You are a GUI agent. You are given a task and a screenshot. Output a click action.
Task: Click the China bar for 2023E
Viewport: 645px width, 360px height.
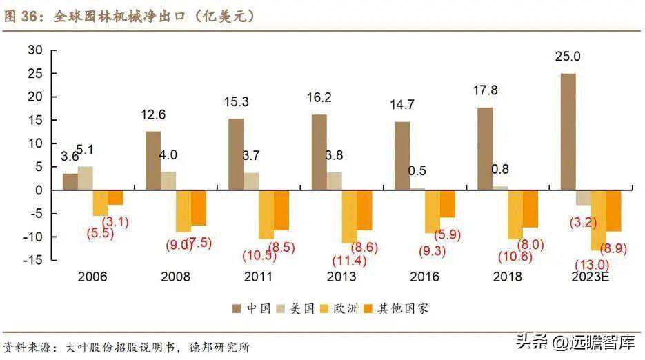(x=568, y=132)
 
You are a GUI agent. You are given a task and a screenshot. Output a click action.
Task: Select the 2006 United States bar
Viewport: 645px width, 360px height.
(x=85, y=178)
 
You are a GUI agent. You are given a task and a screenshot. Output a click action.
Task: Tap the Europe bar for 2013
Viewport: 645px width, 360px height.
(x=350, y=216)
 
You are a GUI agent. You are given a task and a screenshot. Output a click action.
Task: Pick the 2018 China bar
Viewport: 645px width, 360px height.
(x=485, y=148)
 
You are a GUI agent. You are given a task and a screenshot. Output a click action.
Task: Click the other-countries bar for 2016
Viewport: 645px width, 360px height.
(x=448, y=203)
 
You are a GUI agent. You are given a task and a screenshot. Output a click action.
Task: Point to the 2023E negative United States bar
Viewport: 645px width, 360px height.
(x=583, y=197)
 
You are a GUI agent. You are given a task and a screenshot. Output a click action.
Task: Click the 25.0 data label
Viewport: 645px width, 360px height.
(x=567, y=57)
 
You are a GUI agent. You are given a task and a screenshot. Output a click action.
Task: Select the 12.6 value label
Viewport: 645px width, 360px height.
(x=153, y=114)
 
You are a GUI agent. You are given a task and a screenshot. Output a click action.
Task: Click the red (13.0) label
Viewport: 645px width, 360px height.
(x=591, y=264)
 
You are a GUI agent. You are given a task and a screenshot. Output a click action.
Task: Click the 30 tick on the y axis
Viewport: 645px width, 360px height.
(x=35, y=50)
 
